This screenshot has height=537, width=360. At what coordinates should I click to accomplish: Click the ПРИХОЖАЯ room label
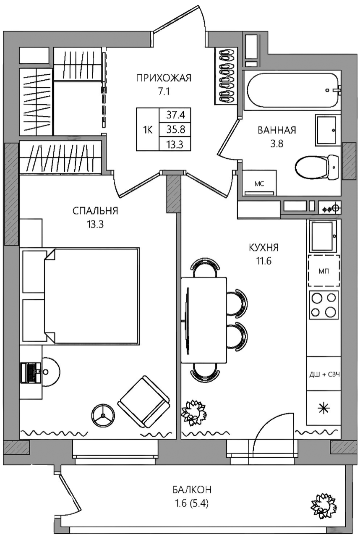(x=164, y=79)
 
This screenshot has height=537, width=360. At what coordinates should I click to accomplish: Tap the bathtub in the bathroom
(x=292, y=90)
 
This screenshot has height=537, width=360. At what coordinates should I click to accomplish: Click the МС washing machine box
(x=259, y=183)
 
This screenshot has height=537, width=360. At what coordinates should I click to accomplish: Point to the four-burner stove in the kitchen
(x=324, y=305)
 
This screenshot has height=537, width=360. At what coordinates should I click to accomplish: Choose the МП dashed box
(x=324, y=271)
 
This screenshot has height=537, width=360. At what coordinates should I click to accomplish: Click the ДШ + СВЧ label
(x=325, y=375)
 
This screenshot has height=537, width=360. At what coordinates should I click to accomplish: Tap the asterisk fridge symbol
(x=324, y=408)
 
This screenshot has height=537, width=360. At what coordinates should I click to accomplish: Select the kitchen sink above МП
(x=323, y=236)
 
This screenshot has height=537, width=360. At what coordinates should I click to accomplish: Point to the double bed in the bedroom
(x=92, y=296)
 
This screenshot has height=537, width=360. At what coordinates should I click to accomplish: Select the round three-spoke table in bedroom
(x=104, y=416)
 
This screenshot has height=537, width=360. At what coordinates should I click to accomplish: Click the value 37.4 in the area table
(x=175, y=115)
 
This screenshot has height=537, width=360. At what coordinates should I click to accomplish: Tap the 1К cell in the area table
(x=148, y=130)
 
